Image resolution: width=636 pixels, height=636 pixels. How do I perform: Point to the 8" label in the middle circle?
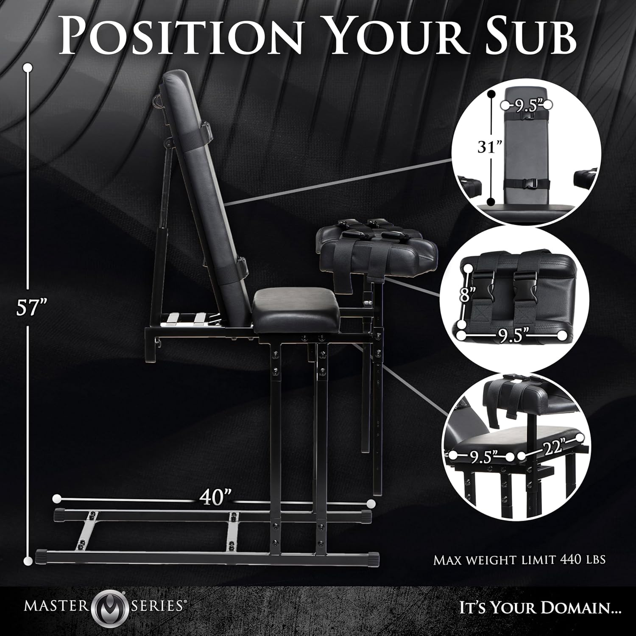(x=467, y=294)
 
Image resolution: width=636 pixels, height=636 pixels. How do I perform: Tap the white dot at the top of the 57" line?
(x=28, y=67)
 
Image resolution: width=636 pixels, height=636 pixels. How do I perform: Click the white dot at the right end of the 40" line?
(x=371, y=503)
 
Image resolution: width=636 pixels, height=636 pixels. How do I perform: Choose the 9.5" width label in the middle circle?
(x=513, y=336)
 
